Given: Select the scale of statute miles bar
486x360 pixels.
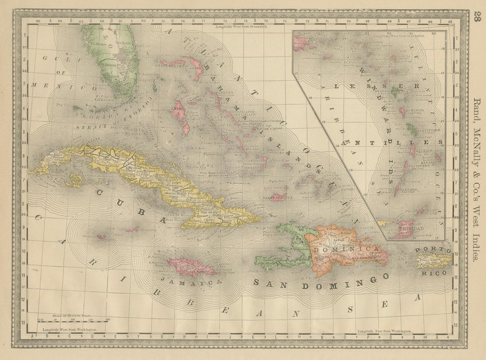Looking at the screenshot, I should tap(73, 320).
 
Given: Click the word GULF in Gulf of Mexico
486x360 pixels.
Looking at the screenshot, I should tap(54, 58).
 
